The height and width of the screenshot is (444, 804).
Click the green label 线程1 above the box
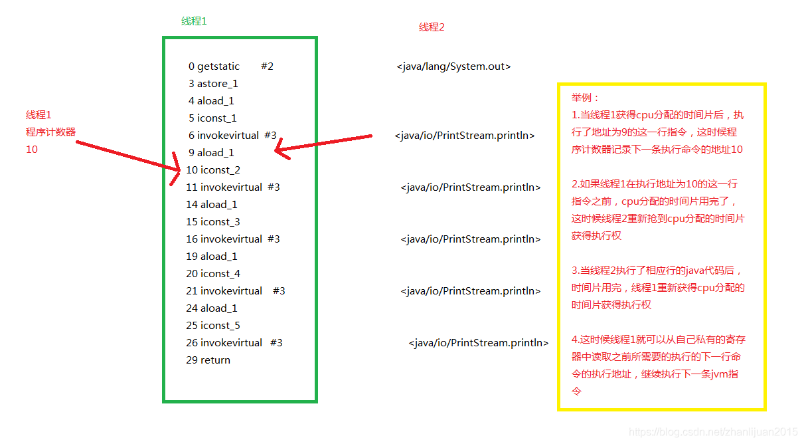194,21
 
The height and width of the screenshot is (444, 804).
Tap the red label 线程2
432,27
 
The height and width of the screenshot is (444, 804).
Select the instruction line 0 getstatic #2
230,66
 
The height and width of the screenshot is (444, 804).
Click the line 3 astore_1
212,84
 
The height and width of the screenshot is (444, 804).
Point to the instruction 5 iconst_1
212,118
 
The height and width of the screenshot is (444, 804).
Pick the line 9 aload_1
210,153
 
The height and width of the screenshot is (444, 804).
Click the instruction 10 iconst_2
212,170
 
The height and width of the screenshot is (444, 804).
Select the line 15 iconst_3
212,222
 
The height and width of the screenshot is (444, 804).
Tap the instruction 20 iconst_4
212,274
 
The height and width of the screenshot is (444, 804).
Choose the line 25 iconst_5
212,326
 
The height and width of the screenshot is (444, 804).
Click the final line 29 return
208,360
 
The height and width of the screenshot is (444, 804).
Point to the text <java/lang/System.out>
453,66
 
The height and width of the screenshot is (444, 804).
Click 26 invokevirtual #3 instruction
234,343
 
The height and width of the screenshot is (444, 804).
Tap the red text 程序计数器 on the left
50,132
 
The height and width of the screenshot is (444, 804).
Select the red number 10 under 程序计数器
32,150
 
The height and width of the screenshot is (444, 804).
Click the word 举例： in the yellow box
586,98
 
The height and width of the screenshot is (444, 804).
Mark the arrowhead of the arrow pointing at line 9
281,149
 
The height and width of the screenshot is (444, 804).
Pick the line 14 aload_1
211,205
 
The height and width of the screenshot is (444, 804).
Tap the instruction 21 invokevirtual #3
235,291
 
